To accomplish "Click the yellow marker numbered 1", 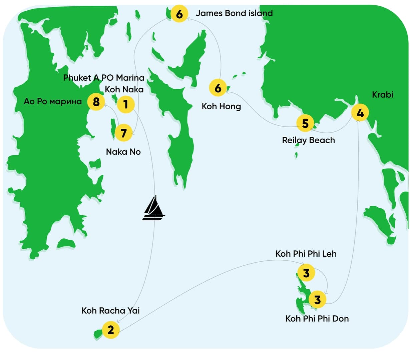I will pos(125,104).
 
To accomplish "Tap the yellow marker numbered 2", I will pos(110,330).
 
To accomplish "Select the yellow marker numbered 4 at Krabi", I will pos(360,113).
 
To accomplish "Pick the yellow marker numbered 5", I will pos(305,124).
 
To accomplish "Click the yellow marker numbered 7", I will pos(123,133).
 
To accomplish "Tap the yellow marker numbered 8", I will pos(96,101).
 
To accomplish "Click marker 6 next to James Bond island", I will pos(179,14).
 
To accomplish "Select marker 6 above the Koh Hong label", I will pos(218,88).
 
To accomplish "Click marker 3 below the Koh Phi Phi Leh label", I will pos(306,273).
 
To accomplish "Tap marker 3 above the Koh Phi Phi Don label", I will pos(317,300).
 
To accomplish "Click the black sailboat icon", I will pos(153,209).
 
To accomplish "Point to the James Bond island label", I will pos(234,13).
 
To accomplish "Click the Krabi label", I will pos(382,95).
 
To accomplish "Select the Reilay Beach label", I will pos(308,140).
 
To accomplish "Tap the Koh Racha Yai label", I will pos(110,311).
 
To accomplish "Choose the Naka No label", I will pos(123,152).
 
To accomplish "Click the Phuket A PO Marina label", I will pos(104,78).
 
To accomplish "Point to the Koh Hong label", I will pos(221,106).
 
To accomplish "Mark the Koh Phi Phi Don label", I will pos(317,319).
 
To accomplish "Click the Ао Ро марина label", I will pos(53,101).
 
